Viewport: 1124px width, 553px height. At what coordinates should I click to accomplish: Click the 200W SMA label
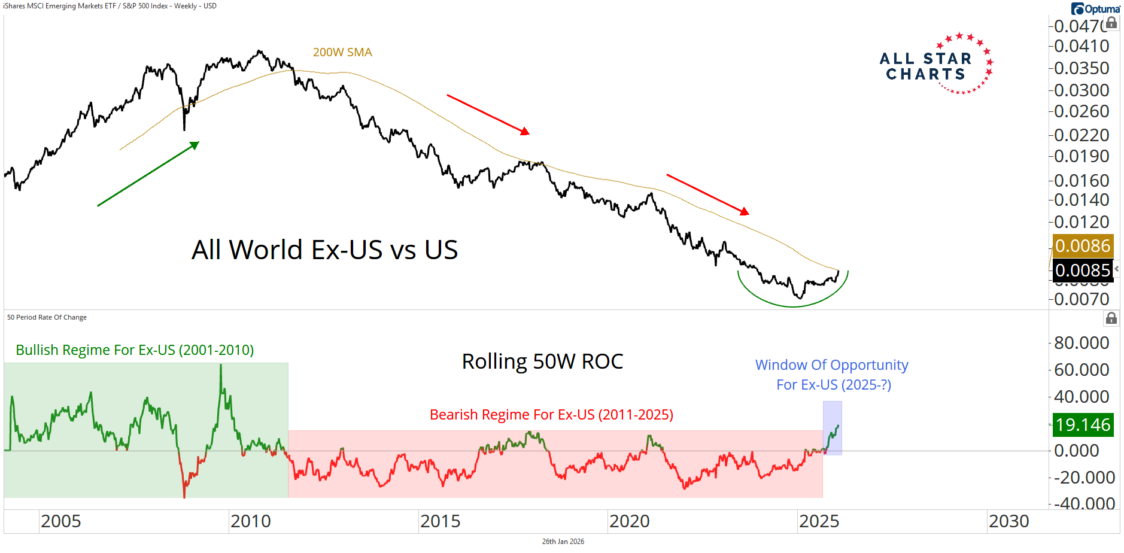[342, 52]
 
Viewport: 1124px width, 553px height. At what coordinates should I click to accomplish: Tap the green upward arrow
[148, 174]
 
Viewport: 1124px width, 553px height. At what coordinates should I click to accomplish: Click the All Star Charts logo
[935, 65]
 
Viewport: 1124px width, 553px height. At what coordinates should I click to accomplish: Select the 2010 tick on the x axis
[251, 521]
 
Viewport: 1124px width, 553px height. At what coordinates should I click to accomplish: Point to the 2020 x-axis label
[630, 521]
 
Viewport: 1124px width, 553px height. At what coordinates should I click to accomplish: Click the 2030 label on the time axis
[1008, 521]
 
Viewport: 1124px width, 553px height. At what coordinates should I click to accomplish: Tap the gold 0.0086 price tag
[1082, 246]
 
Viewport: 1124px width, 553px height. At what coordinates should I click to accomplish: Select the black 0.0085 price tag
[1082, 271]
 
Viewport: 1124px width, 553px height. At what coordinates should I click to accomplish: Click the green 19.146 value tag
[1082, 425]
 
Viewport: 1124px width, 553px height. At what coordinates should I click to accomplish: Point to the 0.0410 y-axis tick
[1082, 46]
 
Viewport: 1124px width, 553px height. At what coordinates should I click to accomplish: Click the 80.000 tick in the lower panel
[1082, 343]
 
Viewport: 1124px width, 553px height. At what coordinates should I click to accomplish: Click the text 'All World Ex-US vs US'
[324, 250]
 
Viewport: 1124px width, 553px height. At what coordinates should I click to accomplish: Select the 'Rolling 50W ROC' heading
[542, 361]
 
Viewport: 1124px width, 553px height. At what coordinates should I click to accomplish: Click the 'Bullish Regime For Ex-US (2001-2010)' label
[135, 350]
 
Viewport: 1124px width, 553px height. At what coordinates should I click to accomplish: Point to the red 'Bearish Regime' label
[551, 415]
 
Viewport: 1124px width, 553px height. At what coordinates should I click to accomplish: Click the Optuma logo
[1095, 8]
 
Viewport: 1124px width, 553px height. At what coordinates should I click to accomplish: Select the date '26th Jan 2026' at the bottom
[563, 542]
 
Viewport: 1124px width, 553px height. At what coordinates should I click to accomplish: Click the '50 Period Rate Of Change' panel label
[47, 317]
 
